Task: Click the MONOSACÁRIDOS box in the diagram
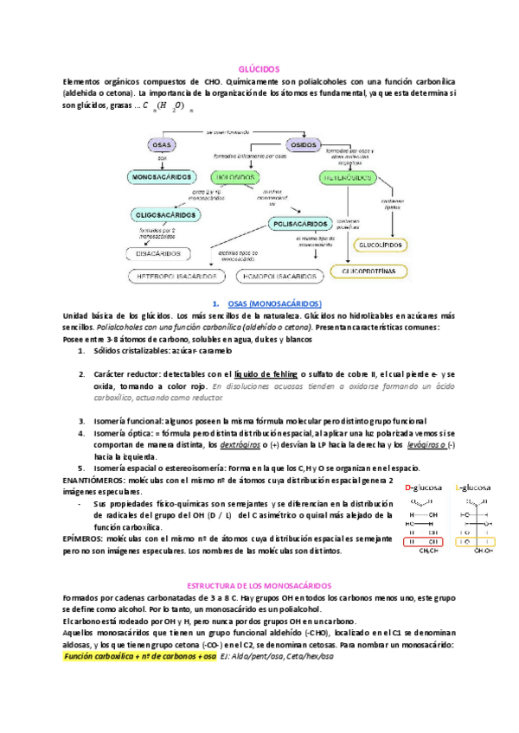pos(162,177)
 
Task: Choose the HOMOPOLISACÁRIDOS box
pos(279,277)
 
